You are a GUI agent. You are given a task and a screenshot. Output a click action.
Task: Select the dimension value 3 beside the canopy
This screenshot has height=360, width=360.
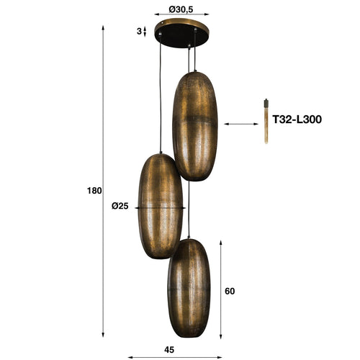pos(138,31)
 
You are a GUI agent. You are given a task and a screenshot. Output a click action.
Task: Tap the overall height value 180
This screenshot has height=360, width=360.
pos(94,191)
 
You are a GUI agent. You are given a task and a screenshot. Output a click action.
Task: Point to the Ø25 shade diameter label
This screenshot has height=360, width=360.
pos(120,206)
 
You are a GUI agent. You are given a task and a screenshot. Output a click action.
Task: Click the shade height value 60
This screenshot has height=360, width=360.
pos(230,292)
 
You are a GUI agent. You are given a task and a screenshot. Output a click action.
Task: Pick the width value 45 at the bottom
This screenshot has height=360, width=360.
pos(169,349)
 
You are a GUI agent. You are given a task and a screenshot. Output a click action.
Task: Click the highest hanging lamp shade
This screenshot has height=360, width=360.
pos(194,125)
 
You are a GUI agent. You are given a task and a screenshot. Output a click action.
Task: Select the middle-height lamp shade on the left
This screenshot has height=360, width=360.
pos(160,206)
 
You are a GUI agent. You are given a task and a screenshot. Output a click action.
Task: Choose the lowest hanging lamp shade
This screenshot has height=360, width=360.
pos(189,287)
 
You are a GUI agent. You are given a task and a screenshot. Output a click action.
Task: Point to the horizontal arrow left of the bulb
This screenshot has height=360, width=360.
pos(241,124)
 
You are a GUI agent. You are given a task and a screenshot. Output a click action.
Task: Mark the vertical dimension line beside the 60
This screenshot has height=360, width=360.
pos(220,288)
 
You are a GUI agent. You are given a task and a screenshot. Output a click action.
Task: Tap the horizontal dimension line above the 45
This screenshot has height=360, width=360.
pos(175,357)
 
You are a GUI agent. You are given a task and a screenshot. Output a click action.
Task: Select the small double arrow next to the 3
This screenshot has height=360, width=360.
pos(145,32)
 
